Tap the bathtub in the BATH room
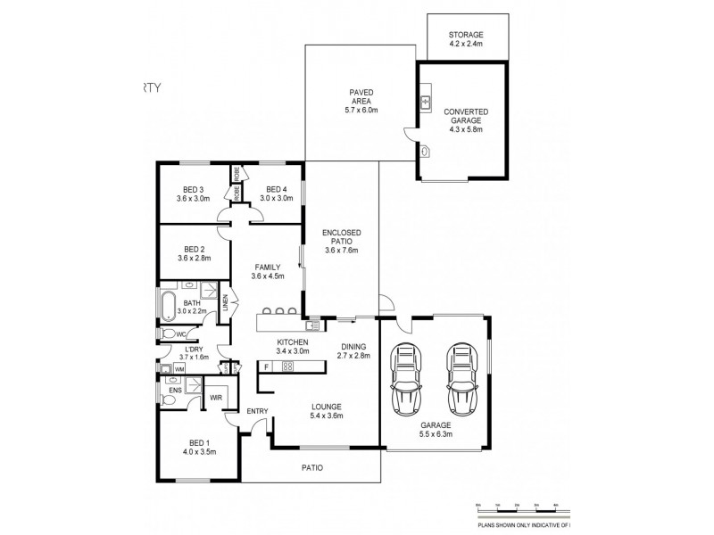point(169,304)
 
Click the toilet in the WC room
point(168,334)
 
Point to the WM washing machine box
point(179,368)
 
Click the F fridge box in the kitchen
point(266,366)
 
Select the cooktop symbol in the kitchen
point(287,366)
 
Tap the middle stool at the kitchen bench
point(278,310)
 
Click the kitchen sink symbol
point(312,325)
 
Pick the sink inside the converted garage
point(427,102)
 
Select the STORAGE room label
point(467,35)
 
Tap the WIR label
point(216,399)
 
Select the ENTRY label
point(257,410)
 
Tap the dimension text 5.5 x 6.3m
point(435,434)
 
